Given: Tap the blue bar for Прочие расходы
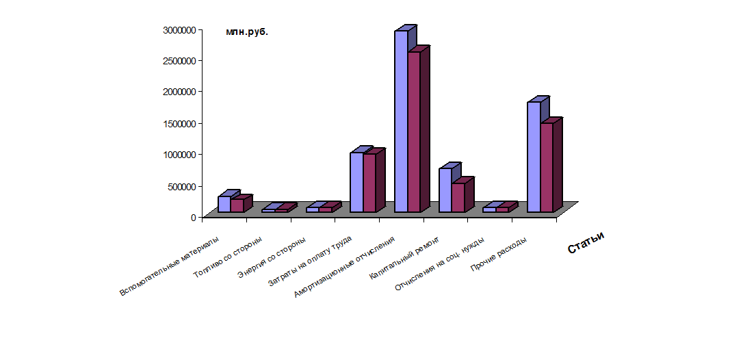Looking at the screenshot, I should click(534, 157).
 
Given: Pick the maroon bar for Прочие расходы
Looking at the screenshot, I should click(547, 167).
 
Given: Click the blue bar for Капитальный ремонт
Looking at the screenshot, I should click(445, 190).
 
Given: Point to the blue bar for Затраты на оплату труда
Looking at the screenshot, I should click(356, 182).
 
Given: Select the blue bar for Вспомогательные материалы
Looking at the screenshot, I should click(224, 204).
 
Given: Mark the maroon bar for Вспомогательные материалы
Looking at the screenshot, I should click(237, 205).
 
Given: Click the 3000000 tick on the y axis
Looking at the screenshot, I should click(181, 29).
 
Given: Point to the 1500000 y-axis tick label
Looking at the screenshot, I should click(181, 123).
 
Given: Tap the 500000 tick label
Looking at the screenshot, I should click(183, 186).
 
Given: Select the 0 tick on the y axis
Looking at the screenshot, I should click(193, 217).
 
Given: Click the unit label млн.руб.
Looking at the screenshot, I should click(247, 31).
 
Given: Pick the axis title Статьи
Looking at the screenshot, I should click(586, 242).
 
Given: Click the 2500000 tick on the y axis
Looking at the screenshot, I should click(181, 60).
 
